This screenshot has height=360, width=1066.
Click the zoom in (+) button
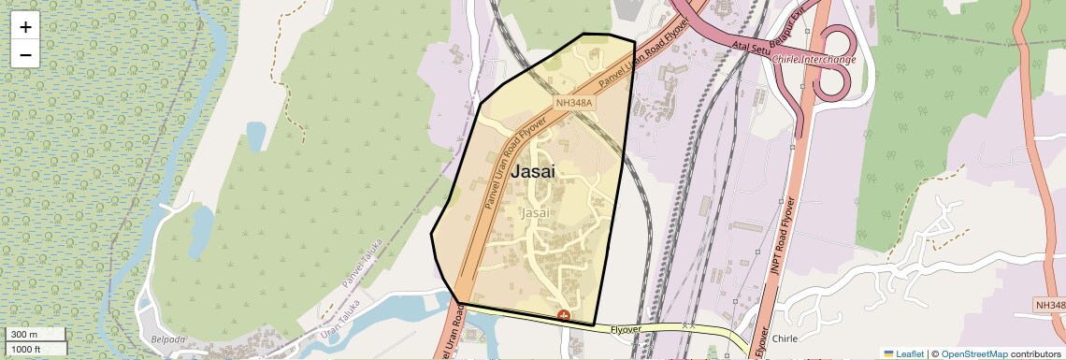25,27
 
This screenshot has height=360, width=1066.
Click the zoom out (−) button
25,54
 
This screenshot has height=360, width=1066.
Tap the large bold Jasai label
533,172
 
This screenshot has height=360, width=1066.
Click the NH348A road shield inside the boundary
574,103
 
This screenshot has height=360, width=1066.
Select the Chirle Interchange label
814,60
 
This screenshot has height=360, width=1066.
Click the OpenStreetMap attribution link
973,354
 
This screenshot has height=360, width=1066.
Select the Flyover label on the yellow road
627,329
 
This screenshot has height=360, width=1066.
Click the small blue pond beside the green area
255,137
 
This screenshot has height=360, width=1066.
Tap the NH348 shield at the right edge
1051,306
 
